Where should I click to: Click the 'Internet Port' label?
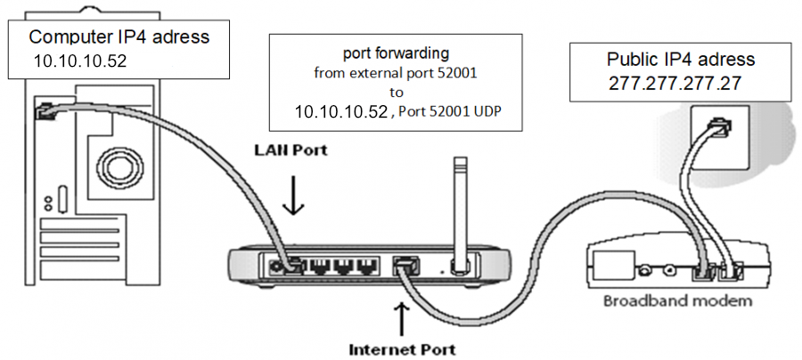click(x=400, y=348)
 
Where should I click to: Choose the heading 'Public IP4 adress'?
click(x=680, y=60)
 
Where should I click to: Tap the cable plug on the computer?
click(x=45, y=111)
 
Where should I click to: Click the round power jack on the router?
click(x=288, y=265)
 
